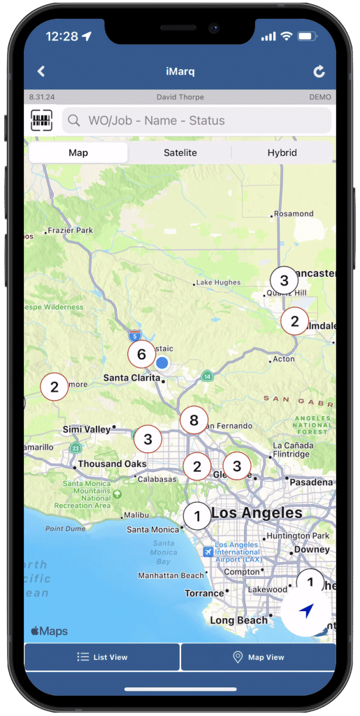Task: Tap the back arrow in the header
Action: (41, 71)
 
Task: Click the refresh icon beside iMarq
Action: (319, 71)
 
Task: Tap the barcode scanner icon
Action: (42, 121)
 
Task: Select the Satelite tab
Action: (180, 152)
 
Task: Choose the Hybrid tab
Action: (282, 152)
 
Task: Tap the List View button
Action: (102, 657)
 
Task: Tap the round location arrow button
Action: (305, 611)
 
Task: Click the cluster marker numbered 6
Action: (141, 355)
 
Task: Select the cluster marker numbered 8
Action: (194, 420)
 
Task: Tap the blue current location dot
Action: (162, 362)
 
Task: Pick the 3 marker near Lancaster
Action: (284, 281)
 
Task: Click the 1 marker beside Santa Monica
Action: (197, 517)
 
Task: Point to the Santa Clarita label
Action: (131, 378)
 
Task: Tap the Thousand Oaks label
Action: (112, 464)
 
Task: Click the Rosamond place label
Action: (294, 214)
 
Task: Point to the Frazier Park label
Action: (72, 230)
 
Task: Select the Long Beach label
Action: (238, 620)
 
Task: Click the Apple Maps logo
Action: (49, 631)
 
